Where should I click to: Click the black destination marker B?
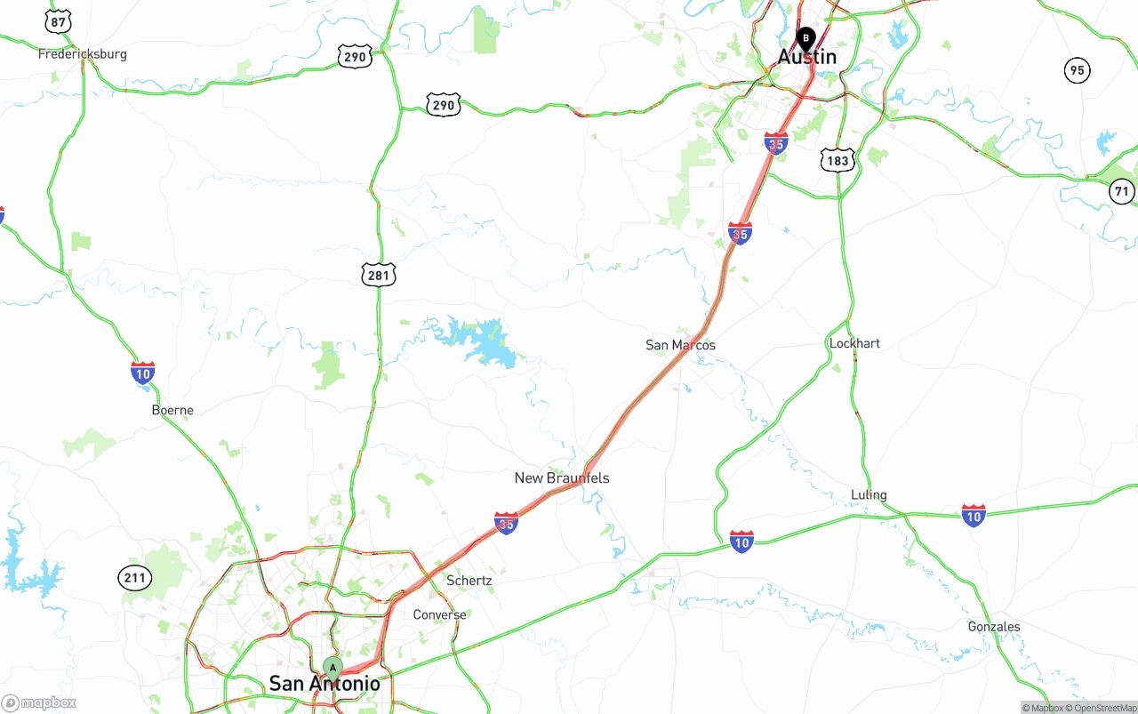pyautogui.click(x=805, y=38)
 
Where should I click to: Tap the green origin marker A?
pyautogui.click(x=333, y=667)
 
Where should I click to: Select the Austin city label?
pyautogui.click(x=806, y=57)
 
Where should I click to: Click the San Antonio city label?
pyautogui.click(x=324, y=684)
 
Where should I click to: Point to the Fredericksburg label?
pyautogui.click(x=82, y=54)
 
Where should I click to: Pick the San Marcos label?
pyautogui.click(x=680, y=345)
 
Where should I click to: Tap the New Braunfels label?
pyautogui.click(x=562, y=478)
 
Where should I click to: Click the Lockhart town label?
pyautogui.click(x=854, y=343)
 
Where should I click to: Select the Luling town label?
pyautogui.click(x=869, y=495)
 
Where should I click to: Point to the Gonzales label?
pyautogui.click(x=994, y=627)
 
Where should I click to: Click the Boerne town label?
pyautogui.click(x=172, y=411)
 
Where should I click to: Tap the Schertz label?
pyautogui.click(x=469, y=581)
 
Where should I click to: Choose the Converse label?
pyautogui.click(x=439, y=615)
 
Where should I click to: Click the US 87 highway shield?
pyautogui.click(x=59, y=21)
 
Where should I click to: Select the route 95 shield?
pyautogui.click(x=1078, y=70)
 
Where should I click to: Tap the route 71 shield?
pyautogui.click(x=1122, y=191)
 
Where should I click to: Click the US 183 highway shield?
pyautogui.click(x=837, y=160)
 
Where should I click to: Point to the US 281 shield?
pyautogui.click(x=378, y=275)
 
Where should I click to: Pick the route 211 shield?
pyautogui.click(x=134, y=578)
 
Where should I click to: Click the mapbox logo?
pyautogui.click(x=39, y=703)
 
